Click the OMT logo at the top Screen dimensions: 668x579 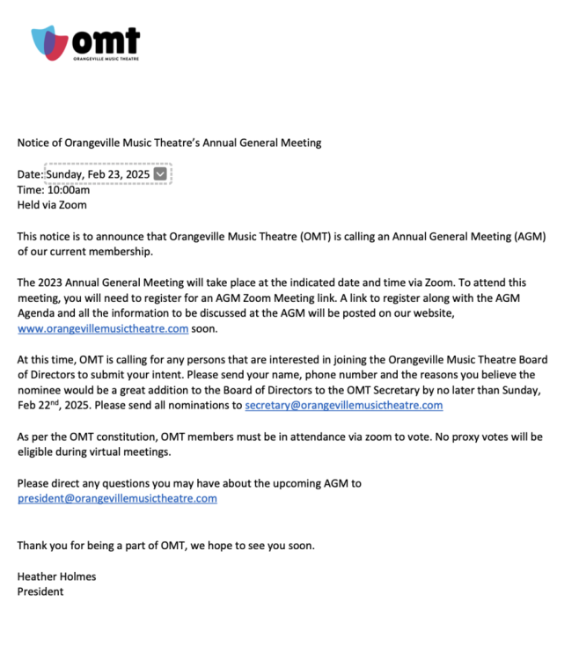[x=85, y=42]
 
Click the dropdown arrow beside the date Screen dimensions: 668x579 [x=160, y=174]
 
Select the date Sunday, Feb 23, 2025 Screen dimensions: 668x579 [x=98, y=174]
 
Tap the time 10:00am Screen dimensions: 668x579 [x=69, y=189]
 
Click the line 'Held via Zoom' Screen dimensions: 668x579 [x=52, y=205]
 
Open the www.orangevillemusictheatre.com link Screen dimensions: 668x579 [x=103, y=329]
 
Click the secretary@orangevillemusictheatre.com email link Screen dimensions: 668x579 [x=343, y=406]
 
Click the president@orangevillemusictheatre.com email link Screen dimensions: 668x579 [x=117, y=498]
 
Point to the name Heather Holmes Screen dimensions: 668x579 [x=56, y=576]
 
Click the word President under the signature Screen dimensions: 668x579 [x=40, y=591]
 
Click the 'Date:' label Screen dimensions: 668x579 [x=30, y=174]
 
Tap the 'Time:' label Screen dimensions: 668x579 [x=31, y=189]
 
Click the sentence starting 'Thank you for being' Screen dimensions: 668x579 [x=165, y=545]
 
